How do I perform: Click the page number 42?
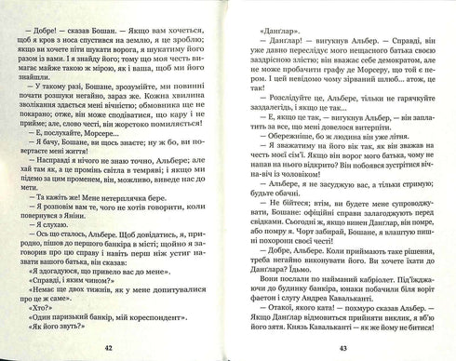(108, 348)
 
